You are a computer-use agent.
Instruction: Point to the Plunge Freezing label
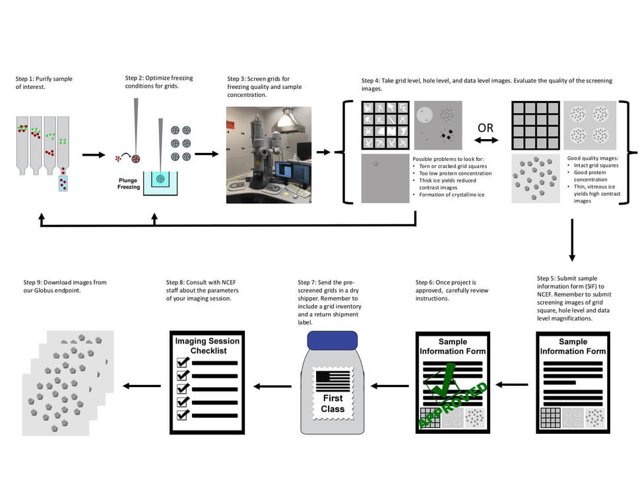click(129, 183)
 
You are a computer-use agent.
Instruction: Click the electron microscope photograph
click(269, 155)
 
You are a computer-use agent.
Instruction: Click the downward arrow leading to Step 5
click(571, 247)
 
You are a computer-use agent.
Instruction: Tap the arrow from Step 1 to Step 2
click(94, 155)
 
